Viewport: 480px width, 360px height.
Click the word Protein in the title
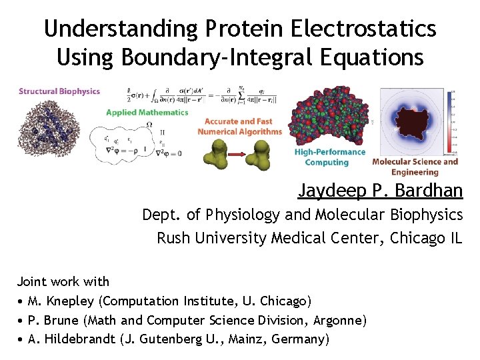click(x=246, y=29)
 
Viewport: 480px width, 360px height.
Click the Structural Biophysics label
click(x=59, y=91)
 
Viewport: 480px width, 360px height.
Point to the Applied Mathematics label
click(x=147, y=113)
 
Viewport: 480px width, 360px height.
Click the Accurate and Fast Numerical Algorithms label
click(x=239, y=127)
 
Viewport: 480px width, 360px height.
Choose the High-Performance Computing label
click(x=329, y=157)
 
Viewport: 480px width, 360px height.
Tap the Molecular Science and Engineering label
click(x=415, y=167)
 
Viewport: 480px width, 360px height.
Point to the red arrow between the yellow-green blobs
click(x=239, y=155)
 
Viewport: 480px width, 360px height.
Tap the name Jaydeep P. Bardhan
click(x=380, y=191)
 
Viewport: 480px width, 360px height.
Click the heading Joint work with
click(x=63, y=281)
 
